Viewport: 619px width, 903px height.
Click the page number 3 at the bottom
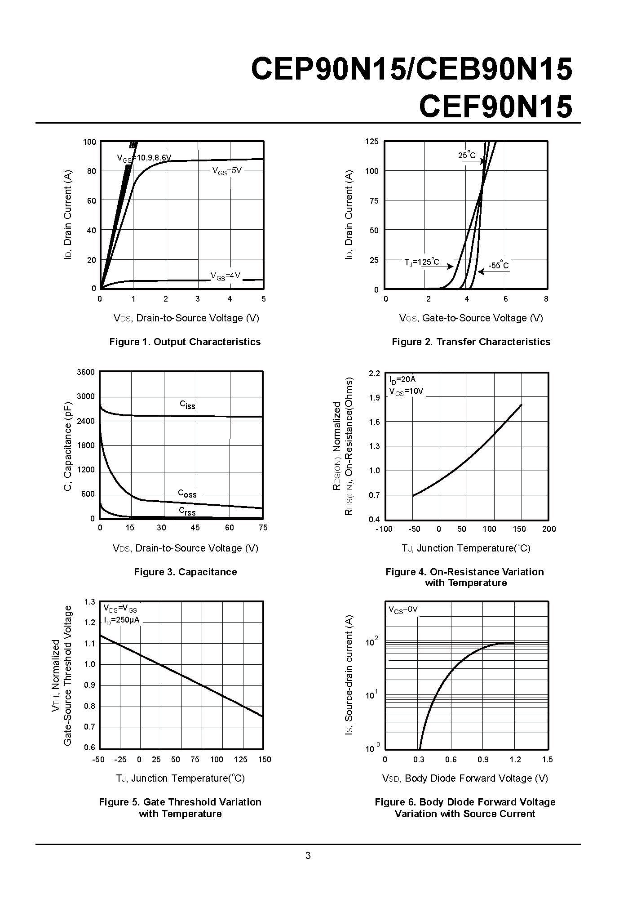click(308, 855)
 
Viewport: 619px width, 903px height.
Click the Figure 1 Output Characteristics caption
click(185, 342)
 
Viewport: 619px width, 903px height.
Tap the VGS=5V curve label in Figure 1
click(227, 171)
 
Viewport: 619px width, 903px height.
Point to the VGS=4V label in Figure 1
click(225, 276)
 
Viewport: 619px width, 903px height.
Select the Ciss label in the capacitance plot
click(187, 405)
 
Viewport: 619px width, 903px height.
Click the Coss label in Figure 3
click(187, 494)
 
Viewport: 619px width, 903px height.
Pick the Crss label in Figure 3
click(187, 511)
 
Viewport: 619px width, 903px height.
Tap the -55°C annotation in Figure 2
click(499, 265)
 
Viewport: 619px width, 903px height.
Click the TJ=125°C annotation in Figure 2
click(422, 262)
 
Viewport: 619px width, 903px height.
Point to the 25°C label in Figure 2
click(467, 155)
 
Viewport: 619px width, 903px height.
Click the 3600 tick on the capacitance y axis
click(86, 372)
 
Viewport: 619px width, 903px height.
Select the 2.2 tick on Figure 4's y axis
click(374, 374)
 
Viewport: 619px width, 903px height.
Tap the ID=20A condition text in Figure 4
click(402, 380)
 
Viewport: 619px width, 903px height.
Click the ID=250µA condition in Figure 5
click(122, 620)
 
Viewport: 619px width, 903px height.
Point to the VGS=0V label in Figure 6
click(403, 609)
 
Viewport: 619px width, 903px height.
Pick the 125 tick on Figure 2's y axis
click(372, 142)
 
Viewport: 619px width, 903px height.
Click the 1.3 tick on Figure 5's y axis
click(90, 602)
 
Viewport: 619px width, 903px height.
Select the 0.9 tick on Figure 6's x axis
click(483, 759)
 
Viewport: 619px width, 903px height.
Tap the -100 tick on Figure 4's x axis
click(384, 529)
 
